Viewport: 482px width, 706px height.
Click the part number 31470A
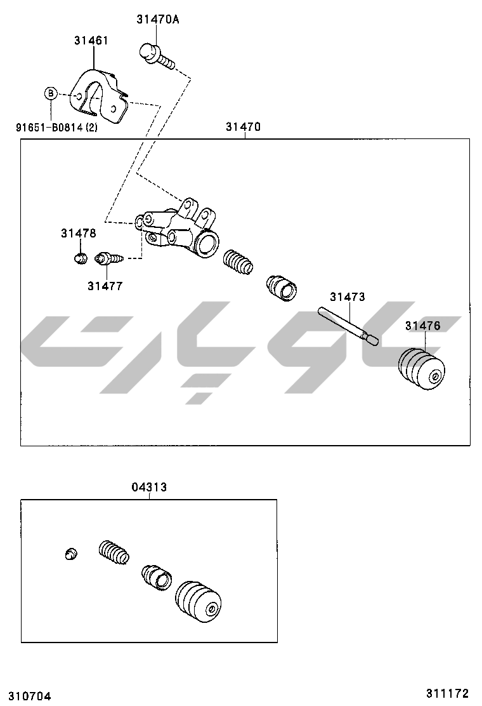(x=157, y=19)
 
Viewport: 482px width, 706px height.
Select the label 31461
(x=91, y=40)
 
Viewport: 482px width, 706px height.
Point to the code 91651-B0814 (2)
(x=56, y=126)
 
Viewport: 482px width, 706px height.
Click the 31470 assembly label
(x=243, y=126)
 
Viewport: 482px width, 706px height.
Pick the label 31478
(x=78, y=233)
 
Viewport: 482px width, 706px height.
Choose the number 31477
(x=105, y=286)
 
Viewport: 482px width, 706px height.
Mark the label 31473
(x=347, y=296)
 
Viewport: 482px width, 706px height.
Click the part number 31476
(x=422, y=326)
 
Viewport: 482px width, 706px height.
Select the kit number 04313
(x=149, y=487)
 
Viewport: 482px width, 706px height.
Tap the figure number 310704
(x=25, y=696)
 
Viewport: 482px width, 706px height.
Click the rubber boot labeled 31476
(x=421, y=369)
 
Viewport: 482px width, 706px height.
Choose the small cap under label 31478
(x=80, y=257)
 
